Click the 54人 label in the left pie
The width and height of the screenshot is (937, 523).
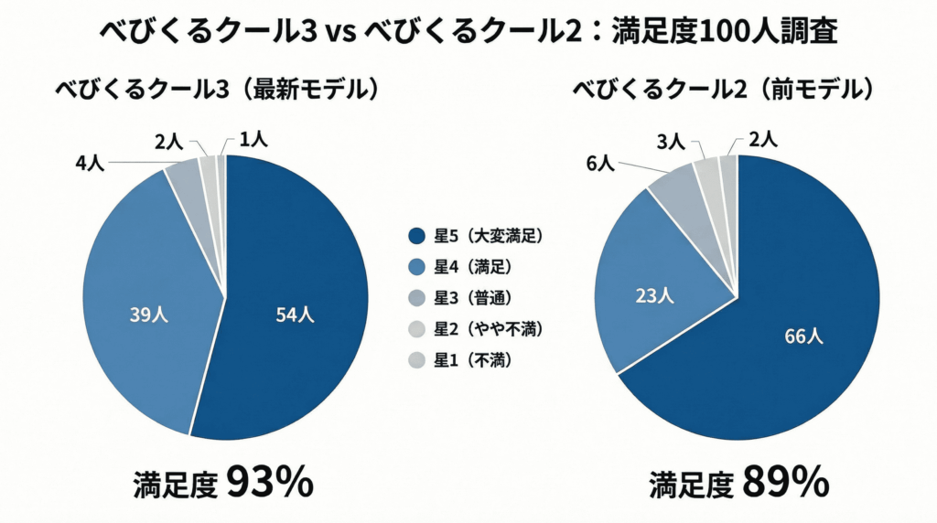pyautogui.click(x=296, y=315)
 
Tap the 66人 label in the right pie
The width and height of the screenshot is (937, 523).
pyautogui.click(x=804, y=336)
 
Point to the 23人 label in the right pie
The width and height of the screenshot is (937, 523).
pyautogui.click(x=654, y=295)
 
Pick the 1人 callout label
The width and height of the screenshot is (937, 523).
pyautogui.click(x=253, y=139)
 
